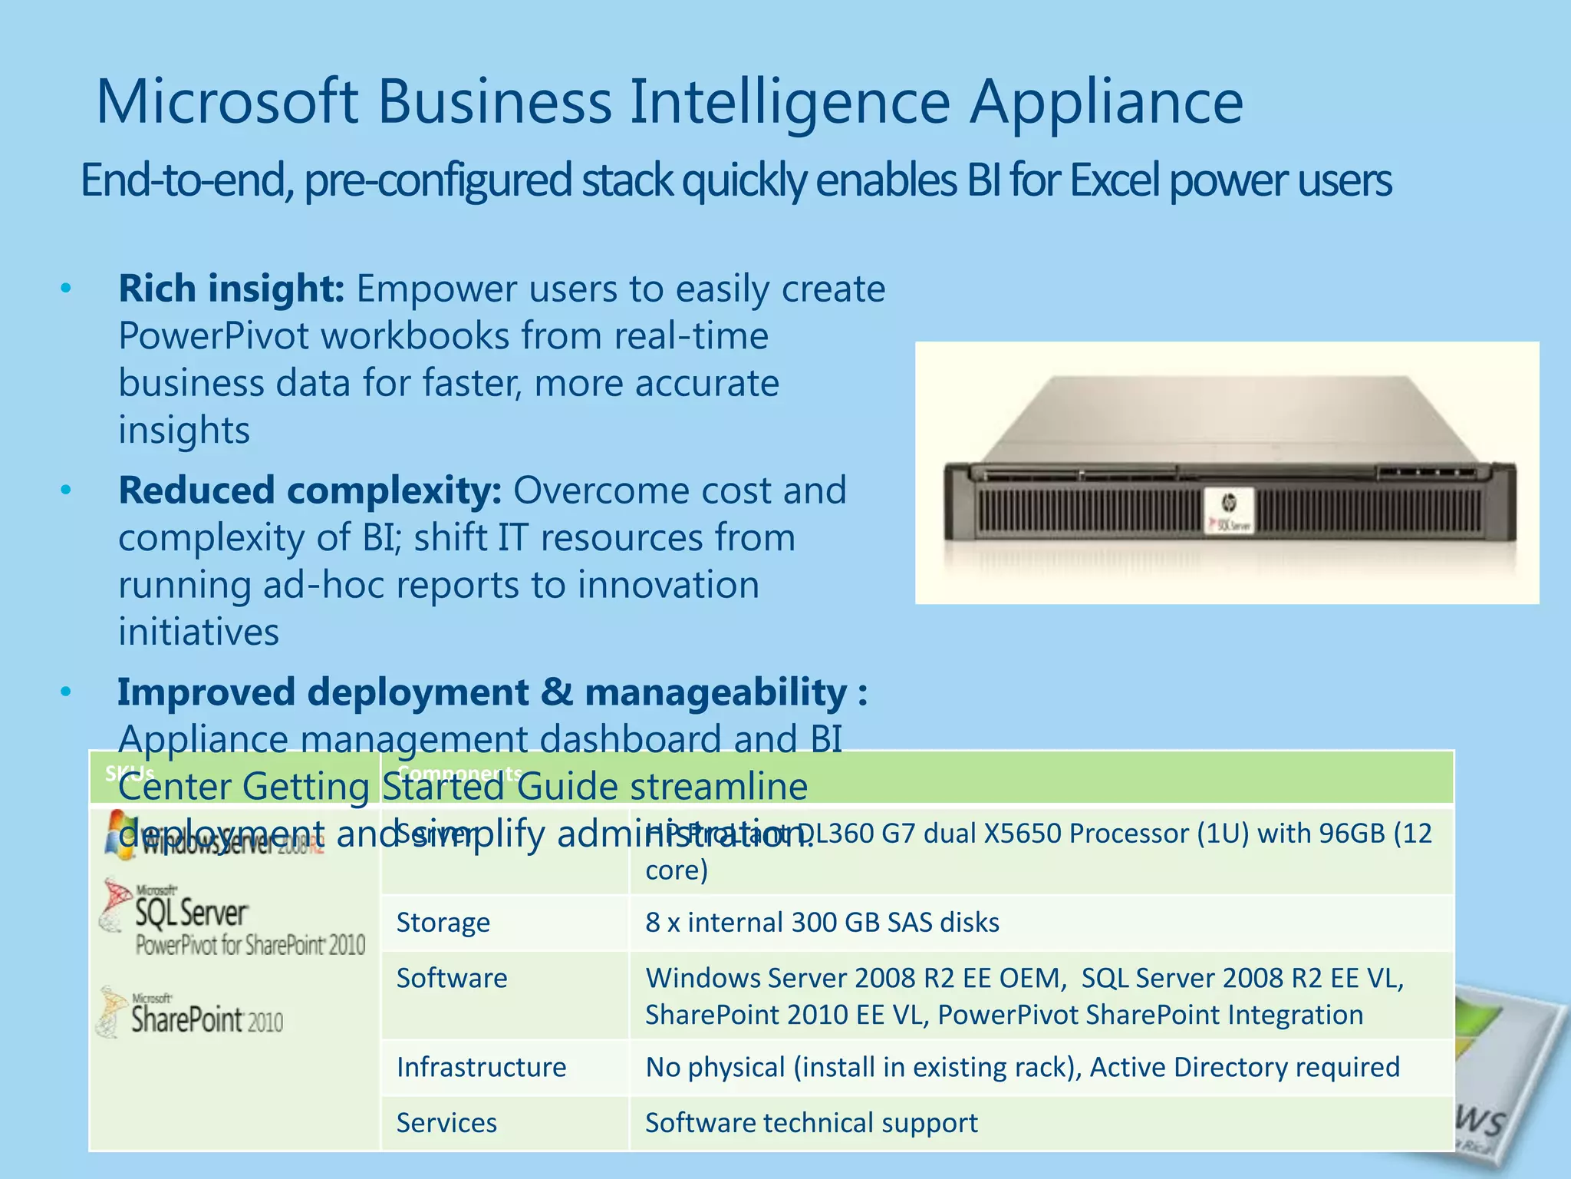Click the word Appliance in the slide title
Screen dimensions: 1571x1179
click(x=1105, y=102)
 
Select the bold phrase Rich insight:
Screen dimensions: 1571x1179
click(x=231, y=289)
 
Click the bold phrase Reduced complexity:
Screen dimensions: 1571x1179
click(x=310, y=490)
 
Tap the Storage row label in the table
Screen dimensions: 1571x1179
click(x=443, y=922)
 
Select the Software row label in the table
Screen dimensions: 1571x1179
click(x=451, y=978)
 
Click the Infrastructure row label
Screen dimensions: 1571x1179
click(x=481, y=1067)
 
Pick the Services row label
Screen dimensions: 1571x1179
click(x=446, y=1123)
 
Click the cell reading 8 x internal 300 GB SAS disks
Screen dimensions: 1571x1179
click(x=822, y=922)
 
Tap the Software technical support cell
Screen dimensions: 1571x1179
click(x=811, y=1123)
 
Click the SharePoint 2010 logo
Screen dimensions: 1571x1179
click(x=193, y=1015)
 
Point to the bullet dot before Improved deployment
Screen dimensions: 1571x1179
click(x=66, y=692)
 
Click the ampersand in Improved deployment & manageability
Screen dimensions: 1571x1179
click(x=556, y=692)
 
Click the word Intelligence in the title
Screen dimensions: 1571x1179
click(x=790, y=102)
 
